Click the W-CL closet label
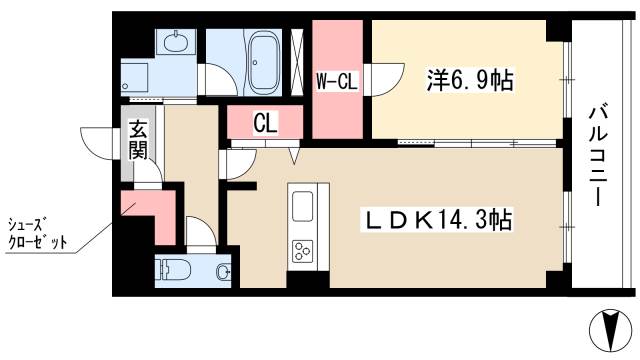337,81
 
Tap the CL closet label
265,122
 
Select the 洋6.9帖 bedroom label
470,80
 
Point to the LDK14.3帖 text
436,220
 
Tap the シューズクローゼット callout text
38,233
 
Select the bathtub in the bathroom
264,63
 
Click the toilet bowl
173,269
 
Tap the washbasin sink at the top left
176,42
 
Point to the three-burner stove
303,250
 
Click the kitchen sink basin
303,206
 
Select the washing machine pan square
135,79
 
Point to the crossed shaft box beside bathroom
297,63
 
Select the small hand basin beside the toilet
223,271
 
